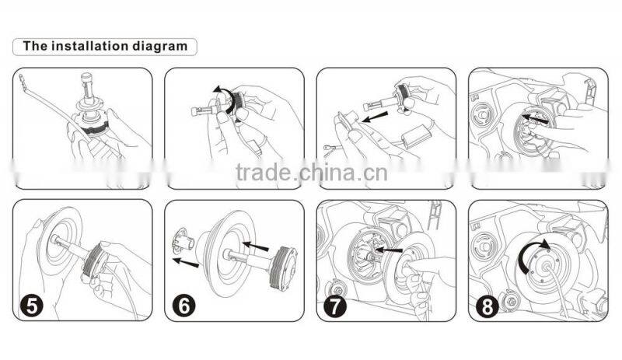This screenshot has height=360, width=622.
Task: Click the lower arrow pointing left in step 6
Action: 185,260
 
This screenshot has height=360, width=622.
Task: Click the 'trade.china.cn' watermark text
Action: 311,172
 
